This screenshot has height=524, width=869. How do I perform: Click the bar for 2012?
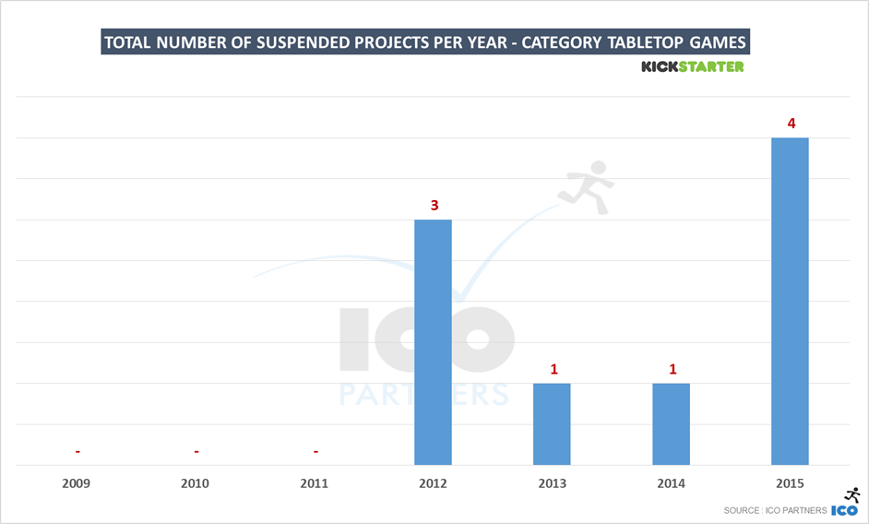tap(433, 342)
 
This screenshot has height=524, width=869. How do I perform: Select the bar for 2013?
tap(552, 423)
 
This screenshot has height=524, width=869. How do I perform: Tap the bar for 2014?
tap(671, 423)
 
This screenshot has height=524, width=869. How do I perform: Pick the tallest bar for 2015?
tap(790, 301)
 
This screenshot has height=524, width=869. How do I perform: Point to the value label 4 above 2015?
tap(790, 124)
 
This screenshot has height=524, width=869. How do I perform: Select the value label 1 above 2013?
tap(553, 369)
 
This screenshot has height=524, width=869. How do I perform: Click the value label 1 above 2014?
tap(672, 369)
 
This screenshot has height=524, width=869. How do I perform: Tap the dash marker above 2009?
tap(77, 451)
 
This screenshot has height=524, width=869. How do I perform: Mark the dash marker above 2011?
tap(315, 451)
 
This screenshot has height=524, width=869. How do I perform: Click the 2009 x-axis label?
tap(77, 483)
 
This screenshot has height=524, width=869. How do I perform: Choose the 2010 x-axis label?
tap(196, 483)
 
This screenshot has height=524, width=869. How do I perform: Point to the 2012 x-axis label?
tap(434, 483)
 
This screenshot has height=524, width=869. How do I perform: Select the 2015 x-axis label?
tap(790, 483)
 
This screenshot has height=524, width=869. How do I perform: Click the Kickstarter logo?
tap(692, 66)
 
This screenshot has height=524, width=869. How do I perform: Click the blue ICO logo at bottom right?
tap(845, 510)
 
